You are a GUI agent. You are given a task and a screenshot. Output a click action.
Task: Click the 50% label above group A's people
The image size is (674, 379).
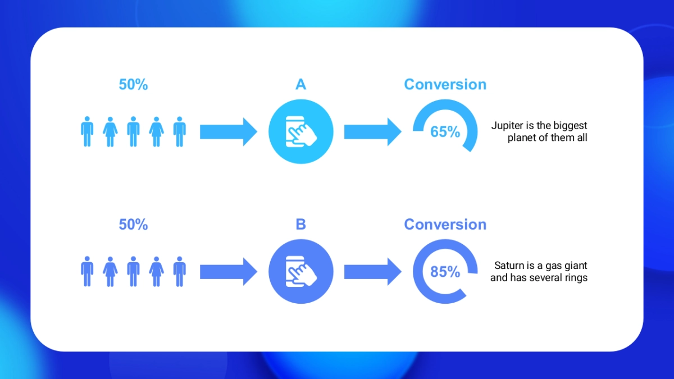coord(133,85)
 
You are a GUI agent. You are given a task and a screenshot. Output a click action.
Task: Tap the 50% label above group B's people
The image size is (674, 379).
coord(133,225)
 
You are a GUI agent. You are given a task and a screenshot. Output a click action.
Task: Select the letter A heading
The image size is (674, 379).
coord(300,85)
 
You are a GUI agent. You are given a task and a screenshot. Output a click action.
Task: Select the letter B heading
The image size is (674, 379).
coord(300,225)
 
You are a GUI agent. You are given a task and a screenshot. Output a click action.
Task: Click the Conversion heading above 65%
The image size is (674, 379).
coord(445,85)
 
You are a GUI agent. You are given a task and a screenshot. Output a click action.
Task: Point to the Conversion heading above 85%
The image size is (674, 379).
coord(445,225)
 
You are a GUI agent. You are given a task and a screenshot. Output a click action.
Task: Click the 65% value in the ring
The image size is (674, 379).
coord(445,132)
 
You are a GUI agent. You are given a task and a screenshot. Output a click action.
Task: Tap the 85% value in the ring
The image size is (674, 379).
coord(445,272)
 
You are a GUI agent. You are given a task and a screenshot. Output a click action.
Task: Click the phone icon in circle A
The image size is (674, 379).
coord(300,132)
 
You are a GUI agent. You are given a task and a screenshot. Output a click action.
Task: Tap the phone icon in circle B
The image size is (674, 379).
coord(300,272)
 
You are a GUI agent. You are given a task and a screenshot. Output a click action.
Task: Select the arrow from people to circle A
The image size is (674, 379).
coord(228,132)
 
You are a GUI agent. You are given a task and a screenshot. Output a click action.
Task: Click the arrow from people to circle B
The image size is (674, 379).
coord(228,272)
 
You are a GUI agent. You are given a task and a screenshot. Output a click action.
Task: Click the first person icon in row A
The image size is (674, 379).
coord(87,132)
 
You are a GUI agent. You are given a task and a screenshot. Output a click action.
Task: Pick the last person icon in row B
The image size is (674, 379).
coord(179,272)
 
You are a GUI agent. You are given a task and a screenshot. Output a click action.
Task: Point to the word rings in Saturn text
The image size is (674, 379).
coord(575,278)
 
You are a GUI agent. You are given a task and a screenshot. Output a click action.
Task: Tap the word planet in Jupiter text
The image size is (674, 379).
coord(521,138)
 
